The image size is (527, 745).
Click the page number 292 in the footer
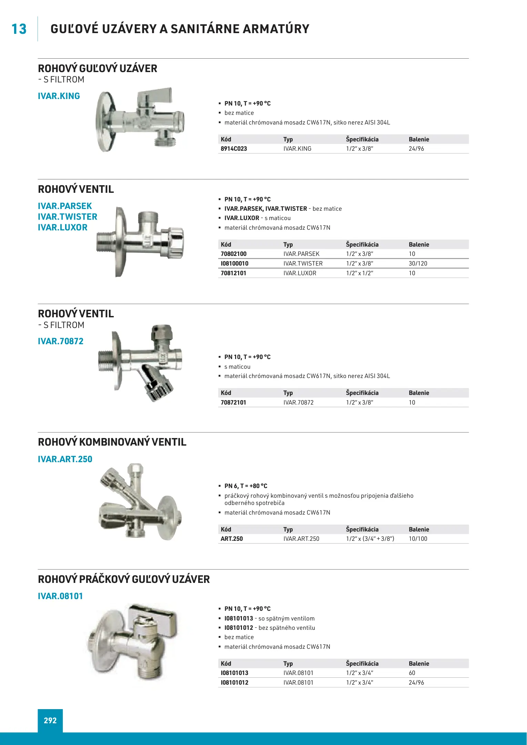tap(50, 720)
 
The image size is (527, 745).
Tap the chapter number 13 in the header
tap(19, 29)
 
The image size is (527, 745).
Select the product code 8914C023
tap(234, 149)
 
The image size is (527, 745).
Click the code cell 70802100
tap(233, 254)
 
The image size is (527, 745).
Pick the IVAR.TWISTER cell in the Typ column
tap(303, 264)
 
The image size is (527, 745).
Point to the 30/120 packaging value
tap(418, 264)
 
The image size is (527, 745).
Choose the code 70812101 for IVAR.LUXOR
tap(233, 273)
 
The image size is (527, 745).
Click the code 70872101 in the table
tap(233, 403)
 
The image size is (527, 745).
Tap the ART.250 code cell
tap(232, 539)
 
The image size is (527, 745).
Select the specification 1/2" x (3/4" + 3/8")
tap(370, 539)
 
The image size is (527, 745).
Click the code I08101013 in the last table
tap(234, 673)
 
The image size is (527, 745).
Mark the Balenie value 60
tap(412, 673)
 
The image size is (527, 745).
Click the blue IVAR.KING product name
tap(59, 96)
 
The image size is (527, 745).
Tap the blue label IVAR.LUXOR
tap(63, 228)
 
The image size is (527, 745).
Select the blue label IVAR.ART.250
tap(65, 459)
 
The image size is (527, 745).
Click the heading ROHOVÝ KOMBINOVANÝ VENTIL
tap(112, 442)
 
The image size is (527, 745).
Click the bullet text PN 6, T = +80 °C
tap(246, 486)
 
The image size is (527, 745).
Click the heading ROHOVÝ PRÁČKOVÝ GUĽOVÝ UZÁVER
tap(124, 579)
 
